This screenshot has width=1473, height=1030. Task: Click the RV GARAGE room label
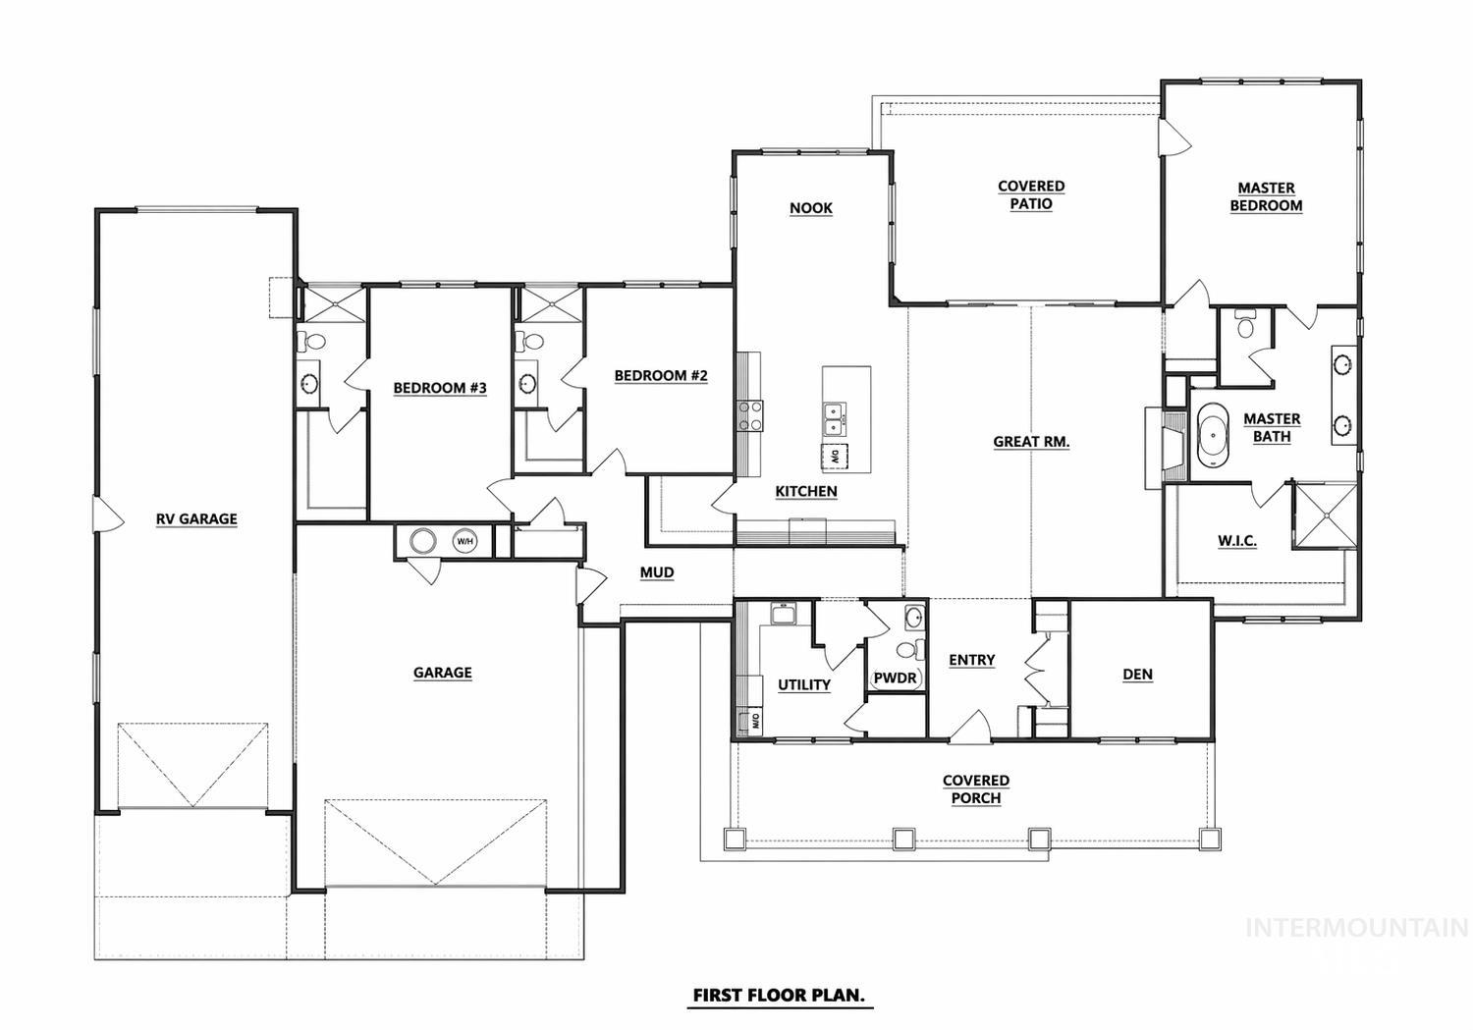[196, 518]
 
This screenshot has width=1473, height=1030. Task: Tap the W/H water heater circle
[464, 541]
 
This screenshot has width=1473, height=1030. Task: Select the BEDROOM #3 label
[440, 388]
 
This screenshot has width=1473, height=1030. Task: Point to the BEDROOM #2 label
[661, 376]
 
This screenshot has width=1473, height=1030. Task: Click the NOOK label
[811, 208]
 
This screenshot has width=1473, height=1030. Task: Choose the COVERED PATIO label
[1031, 194]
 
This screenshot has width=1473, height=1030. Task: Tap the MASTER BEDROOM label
[1266, 196]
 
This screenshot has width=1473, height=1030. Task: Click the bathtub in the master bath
[1213, 439]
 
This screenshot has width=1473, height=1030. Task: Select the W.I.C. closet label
[1237, 541]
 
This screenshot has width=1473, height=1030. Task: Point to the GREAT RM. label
[1031, 442]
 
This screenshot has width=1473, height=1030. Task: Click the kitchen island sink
[834, 418]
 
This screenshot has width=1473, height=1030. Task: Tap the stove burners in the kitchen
[751, 415]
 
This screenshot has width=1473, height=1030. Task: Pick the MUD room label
[657, 572]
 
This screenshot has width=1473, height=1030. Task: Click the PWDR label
[894, 678]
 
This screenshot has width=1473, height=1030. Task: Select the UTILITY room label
[804, 685]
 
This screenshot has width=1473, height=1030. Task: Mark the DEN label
[1137, 675]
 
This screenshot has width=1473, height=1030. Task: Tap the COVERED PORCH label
[976, 789]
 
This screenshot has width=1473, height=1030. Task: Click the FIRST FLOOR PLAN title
[779, 995]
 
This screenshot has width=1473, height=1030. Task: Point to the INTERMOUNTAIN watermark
[1356, 928]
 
